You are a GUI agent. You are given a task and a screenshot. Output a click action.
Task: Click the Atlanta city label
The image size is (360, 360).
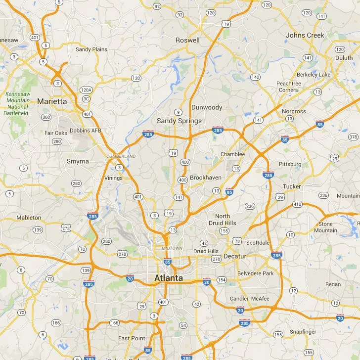click(168, 278)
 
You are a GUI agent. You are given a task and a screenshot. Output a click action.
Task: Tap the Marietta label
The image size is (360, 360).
click(52, 101)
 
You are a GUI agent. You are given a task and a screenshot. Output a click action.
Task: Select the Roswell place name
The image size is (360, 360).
click(188, 40)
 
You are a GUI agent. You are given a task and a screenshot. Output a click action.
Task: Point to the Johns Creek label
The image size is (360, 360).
click(305, 35)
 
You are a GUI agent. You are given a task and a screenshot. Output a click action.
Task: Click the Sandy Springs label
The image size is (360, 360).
click(179, 121)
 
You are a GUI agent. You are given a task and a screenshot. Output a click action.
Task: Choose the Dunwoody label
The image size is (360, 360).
click(207, 107)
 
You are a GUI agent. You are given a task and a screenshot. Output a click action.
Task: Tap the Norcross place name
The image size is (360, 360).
click(294, 111)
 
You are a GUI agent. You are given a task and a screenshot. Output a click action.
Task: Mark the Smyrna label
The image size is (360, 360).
click(78, 161)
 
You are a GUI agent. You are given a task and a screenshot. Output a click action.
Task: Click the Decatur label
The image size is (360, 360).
click(234, 256)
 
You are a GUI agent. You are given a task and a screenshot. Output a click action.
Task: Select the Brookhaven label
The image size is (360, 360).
click(206, 178)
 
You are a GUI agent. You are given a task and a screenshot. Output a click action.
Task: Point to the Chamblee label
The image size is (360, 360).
click(232, 154)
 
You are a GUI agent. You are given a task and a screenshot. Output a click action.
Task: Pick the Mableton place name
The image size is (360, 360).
click(29, 218)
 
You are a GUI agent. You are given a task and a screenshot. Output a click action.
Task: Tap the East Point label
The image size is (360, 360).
click(132, 338)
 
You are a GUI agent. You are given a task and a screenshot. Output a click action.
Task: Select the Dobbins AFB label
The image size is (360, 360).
click(86, 131)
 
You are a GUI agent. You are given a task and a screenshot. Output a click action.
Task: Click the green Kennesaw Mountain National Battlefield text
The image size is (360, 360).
click(18, 103)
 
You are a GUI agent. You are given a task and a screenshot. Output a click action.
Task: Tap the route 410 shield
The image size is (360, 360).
click(297, 204)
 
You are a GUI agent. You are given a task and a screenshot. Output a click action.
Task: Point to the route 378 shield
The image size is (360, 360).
click(353, 136)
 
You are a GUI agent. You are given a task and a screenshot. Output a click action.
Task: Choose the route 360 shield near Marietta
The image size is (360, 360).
click(46, 117)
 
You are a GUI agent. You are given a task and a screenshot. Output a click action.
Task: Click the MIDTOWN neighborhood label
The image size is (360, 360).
click(172, 248)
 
